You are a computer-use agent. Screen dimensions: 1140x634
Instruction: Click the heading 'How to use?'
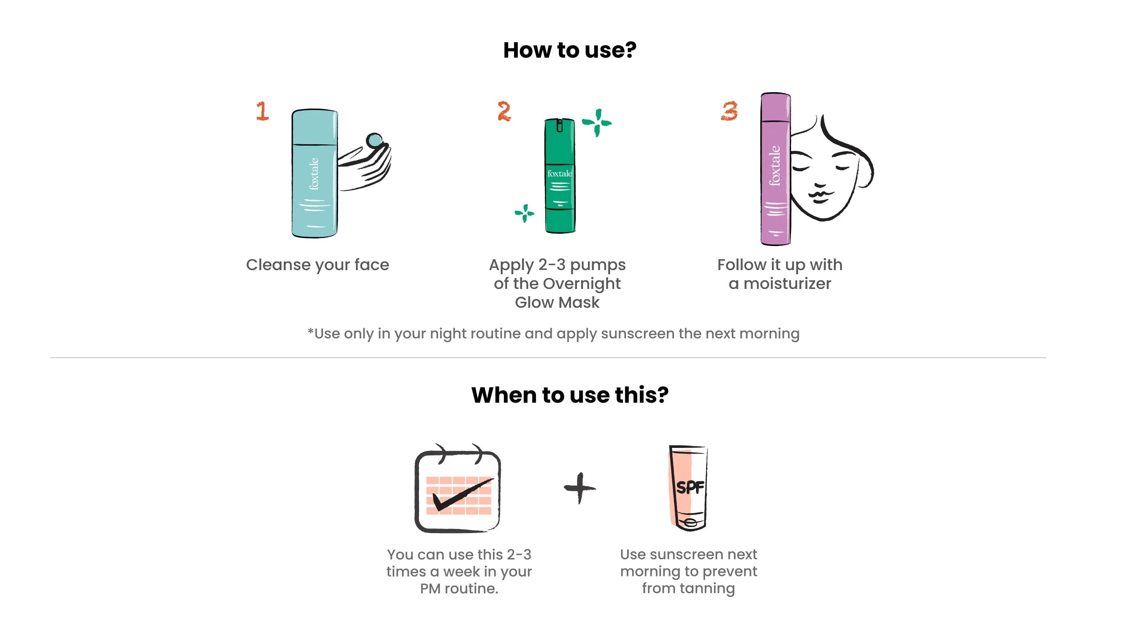pos(569,50)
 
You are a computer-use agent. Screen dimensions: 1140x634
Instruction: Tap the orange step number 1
pos(262,111)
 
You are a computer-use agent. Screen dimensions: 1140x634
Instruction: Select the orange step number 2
pos(504,111)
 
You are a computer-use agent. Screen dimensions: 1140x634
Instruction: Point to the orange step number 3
pos(729,111)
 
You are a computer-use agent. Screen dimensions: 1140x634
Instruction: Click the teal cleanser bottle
pos(315,173)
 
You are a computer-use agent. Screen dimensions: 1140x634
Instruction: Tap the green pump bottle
pos(560,175)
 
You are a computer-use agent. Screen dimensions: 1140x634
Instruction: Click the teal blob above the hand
pos(374,141)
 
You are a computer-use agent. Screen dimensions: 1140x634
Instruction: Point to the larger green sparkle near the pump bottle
pos(597,122)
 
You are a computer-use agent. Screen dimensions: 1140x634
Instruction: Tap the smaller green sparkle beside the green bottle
pos(525,213)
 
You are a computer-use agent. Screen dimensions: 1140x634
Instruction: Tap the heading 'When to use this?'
pos(570,395)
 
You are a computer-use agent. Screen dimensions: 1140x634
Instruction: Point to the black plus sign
pos(580,488)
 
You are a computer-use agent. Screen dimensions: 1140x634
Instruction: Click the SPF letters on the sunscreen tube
pos(690,487)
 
